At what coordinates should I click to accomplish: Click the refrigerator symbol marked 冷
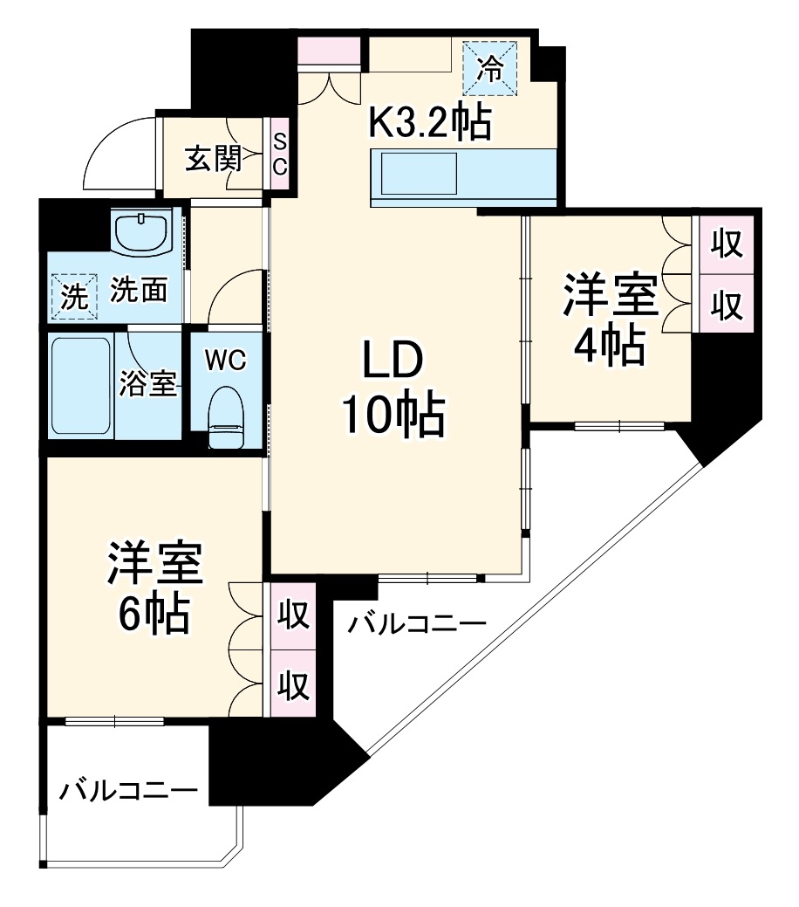coord(489,67)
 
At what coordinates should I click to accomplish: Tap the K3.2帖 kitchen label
coord(429,120)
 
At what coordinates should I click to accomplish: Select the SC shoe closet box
coord(279,154)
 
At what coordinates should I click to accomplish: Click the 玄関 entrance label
coord(213,158)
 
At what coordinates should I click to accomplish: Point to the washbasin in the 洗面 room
coord(142,231)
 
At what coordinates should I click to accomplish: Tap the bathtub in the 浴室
coord(81,386)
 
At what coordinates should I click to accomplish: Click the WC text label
coord(225,361)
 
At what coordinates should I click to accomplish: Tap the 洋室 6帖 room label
coord(154,587)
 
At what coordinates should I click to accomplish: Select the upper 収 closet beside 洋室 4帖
coord(727,244)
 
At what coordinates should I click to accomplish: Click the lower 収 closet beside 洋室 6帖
coord(294,684)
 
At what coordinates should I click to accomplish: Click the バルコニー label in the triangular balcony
coord(416,624)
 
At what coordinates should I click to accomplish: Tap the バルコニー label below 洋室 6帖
coord(128,790)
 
